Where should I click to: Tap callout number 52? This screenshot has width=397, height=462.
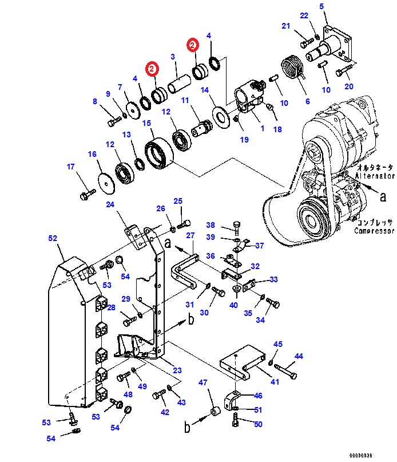click(x=53, y=238)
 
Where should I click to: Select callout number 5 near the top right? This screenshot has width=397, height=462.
click(x=321, y=6)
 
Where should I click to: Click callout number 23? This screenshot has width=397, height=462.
click(x=177, y=370)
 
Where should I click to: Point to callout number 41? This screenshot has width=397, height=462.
click(x=275, y=382)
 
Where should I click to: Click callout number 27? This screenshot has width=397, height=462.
click(x=190, y=235)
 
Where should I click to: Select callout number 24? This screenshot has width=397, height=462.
click(x=110, y=204)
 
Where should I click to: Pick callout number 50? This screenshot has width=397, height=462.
click(x=258, y=424)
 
